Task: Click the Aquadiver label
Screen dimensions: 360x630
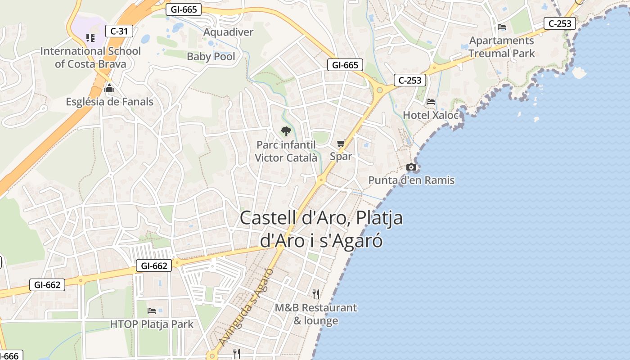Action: [x=228, y=32]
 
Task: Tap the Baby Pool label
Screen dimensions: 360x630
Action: [x=211, y=56]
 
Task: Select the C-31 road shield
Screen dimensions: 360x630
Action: [x=119, y=31]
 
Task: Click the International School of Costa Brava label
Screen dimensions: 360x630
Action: [x=90, y=57]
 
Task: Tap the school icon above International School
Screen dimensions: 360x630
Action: [x=90, y=37]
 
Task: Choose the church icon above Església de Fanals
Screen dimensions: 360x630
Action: [x=109, y=89]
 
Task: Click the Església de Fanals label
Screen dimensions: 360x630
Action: [x=109, y=102]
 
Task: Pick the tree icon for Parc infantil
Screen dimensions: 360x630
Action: [x=286, y=131]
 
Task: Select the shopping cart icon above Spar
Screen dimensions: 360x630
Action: [x=341, y=144]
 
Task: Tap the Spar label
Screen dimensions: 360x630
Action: [x=341, y=156]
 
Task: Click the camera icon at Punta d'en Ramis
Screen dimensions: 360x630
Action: [x=411, y=167]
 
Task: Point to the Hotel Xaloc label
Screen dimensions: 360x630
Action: [x=431, y=115]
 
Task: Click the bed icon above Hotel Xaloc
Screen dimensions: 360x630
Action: [x=431, y=102]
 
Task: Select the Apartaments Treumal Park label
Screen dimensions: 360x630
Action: [x=501, y=47]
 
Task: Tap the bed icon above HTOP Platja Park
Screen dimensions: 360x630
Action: [x=152, y=311]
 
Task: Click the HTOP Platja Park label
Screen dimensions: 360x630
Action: [x=152, y=324]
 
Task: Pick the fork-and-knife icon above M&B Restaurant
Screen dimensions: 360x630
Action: [x=316, y=294]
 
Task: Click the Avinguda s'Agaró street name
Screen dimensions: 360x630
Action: [x=247, y=307]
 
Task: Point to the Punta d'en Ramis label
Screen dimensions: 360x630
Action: [x=411, y=180]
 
